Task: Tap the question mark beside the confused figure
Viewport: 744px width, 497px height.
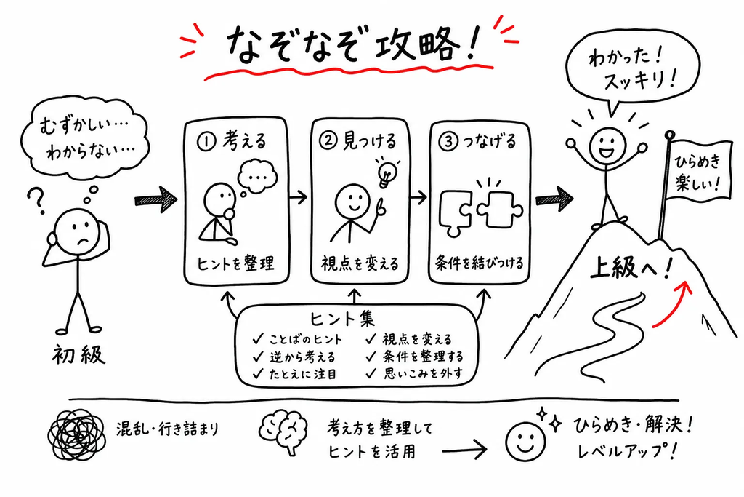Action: (36, 200)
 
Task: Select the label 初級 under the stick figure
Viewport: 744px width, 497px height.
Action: (78, 354)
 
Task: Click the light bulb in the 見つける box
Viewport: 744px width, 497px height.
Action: (386, 172)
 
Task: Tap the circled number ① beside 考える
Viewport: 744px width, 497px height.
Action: (206, 142)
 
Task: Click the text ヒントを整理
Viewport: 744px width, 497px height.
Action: (235, 263)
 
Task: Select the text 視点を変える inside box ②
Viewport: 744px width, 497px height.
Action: (360, 263)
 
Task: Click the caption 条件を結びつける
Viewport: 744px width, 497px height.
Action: (480, 263)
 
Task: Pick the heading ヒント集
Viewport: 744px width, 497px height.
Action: (342, 318)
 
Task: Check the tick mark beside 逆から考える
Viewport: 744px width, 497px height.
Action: (259, 357)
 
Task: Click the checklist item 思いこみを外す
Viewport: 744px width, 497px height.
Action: (423, 374)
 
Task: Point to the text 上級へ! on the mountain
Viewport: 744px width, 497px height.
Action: (632, 268)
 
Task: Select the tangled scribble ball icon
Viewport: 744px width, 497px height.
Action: (76, 434)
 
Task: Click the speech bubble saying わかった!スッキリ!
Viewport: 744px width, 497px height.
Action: (634, 71)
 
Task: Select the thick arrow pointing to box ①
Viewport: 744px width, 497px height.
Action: (155, 199)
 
